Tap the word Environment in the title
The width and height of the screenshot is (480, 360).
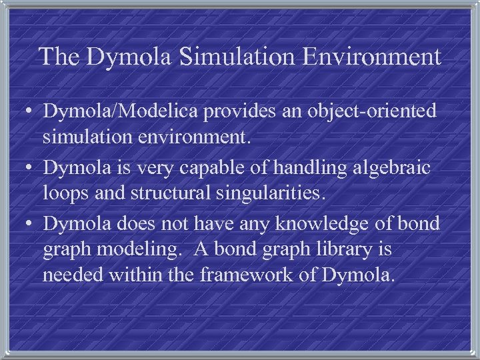coord(371,56)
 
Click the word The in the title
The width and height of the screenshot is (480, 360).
coord(59,56)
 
